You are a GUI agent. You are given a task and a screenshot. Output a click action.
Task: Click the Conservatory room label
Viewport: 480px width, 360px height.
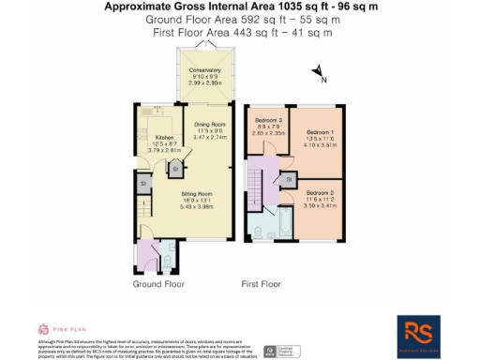point(205,71)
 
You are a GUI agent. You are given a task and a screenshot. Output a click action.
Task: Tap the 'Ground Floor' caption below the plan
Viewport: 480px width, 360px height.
point(158,283)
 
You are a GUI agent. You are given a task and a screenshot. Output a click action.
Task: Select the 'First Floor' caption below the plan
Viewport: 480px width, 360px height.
point(262,283)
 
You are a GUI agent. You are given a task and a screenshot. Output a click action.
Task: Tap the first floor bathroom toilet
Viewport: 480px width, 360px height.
point(258,231)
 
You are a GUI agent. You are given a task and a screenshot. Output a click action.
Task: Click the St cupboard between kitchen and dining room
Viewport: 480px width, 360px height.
point(175,170)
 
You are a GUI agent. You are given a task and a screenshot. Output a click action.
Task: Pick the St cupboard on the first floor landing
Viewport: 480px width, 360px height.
point(290,177)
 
